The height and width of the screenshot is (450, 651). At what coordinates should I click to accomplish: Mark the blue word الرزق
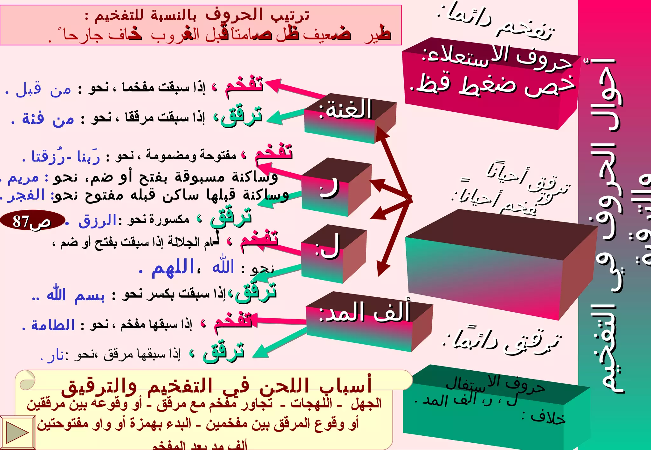click(97, 220)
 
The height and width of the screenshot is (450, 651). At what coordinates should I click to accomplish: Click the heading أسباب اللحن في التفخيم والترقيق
click(216, 386)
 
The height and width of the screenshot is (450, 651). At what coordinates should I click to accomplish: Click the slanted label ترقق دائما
click(502, 341)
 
